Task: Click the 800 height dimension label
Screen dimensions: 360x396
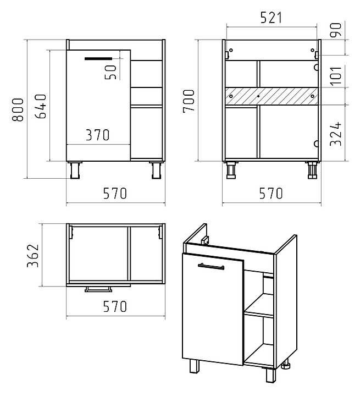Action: pyautogui.click(x=18, y=109)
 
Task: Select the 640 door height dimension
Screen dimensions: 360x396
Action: pyautogui.click(x=41, y=106)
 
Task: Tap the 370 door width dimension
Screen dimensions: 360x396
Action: pyautogui.click(x=98, y=135)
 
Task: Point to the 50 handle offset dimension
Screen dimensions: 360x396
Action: pyautogui.click(x=110, y=72)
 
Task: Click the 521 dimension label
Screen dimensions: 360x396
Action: pyautogui.click(x=271, y=18)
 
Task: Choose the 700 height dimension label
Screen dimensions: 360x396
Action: pyautogui.click(x=189, y=101)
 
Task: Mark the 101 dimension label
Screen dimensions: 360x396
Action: pyautogui.click(x=336, y=76)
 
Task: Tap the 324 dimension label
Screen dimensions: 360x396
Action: pyautogui.click(x=336, y=134)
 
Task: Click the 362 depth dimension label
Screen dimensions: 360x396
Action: pyautogui.click(x=33, y=255)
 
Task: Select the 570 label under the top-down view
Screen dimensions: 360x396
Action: pyautogui.click(x=115, y=306)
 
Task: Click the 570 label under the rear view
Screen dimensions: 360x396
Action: pyautogui.click(x=271, y=194)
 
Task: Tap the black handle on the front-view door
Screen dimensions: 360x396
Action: pyautogui.click(x=98, y=59)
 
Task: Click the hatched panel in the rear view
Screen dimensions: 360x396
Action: pyautogui.click(x=272, y=96)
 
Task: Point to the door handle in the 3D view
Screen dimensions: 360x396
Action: pyautogui.click(x=211, y=267)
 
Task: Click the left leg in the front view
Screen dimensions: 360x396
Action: pyautogui.click(x=75, y=170)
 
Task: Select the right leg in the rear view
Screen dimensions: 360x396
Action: pyautogui.click(x=312, y=170)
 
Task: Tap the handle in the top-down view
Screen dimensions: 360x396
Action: pyautogui.click(x=98, y=289)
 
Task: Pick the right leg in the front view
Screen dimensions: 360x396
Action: pyautogui.click(x=157, y=170)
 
